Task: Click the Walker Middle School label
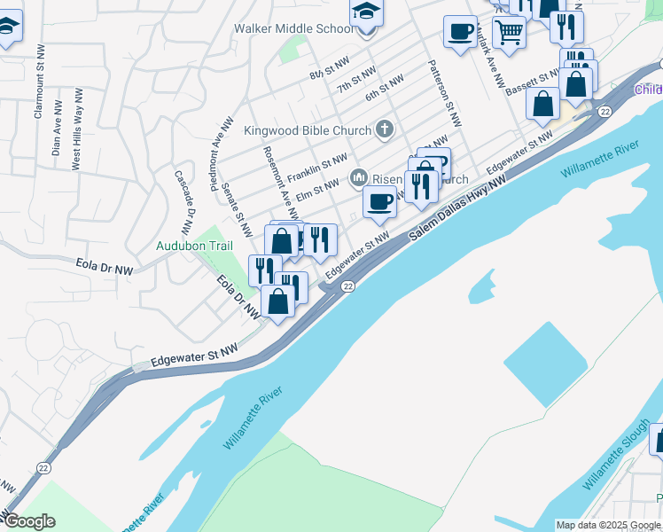click(293, 28)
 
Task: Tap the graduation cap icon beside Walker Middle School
click(364, 13)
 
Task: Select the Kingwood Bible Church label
click(308, 130)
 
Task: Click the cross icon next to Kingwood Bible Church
click(384, 130)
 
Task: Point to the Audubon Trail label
click(194, 246)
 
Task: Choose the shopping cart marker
click(509, 32)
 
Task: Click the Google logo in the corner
click(29, 521)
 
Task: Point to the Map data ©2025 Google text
click(608, 525)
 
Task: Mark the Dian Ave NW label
click(56, 133)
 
